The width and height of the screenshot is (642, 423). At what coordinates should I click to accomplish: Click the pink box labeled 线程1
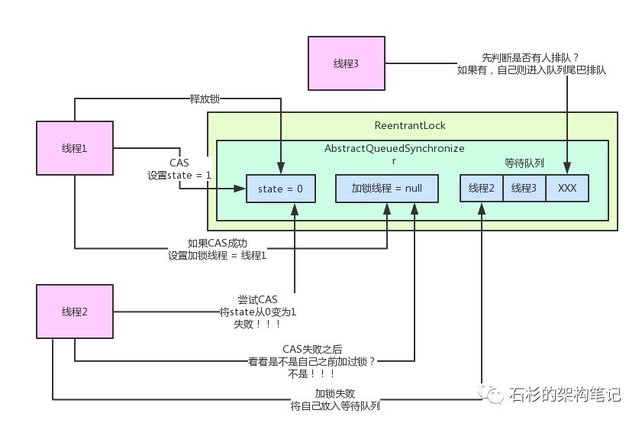pyautogui.click(x=74, y=147)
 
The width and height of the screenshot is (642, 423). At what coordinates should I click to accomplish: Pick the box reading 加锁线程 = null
pyautogui.click(x=387, y=189)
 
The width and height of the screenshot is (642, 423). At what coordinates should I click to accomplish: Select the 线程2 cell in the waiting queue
pyautogui.click(x=481, y=189)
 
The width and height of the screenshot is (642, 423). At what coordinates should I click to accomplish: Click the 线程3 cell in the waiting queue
pyautogui.click(x=524, y=189)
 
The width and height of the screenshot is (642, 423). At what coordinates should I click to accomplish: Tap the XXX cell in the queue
pyautogui.click(x=567, y=189)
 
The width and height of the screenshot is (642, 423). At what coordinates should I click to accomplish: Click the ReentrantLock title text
pyautogui.click(x=410, y=125)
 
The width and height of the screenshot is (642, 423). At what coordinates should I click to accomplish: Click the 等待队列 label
pyautogui.click(x=524, y=163)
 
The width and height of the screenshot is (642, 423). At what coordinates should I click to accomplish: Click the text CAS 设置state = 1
pyautogui.click(x=179, y=170)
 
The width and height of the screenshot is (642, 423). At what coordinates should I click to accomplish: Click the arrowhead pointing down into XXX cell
pyautogui.click(x=567, y=170)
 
